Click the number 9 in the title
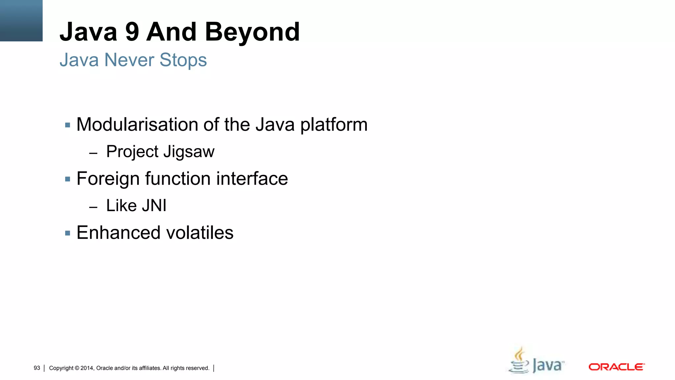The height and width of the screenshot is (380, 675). [132, 32]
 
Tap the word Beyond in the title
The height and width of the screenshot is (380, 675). [252, 32]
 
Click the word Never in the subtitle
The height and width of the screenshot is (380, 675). [129, 60]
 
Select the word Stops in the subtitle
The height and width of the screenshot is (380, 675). [183, 60]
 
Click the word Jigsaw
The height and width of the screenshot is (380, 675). [189, 152]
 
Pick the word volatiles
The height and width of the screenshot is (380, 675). [200, 233]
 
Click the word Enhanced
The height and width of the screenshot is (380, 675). [119, 233]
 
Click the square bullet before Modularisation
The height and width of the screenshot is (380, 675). [68, 125]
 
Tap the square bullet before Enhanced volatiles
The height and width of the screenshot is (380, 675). [68, 234]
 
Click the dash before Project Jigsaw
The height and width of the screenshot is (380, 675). [93, 153]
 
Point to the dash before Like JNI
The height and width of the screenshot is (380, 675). [93, 207]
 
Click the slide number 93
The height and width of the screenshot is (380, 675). [37, 368]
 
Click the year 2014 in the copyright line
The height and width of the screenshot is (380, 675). [87, 368]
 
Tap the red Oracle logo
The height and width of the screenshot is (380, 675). [616, 367]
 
